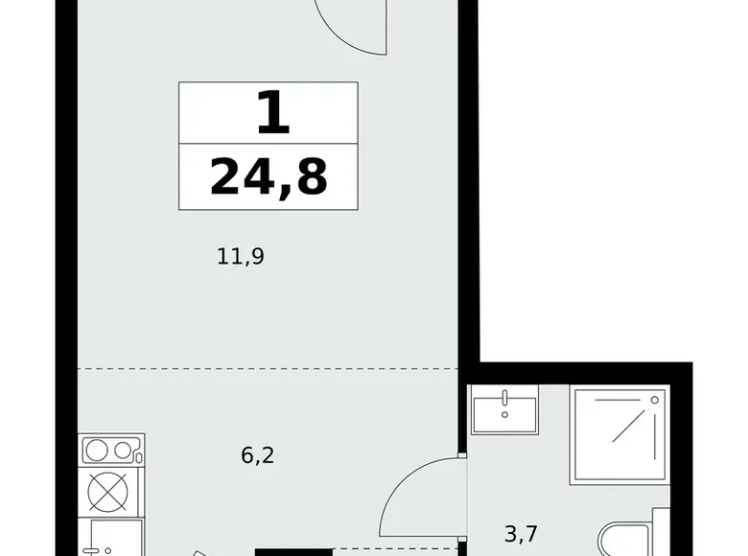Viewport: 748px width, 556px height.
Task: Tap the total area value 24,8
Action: click(269, 177)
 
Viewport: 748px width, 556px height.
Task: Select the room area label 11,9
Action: click(240, 256)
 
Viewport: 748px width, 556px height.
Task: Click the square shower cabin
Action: click(619, 434)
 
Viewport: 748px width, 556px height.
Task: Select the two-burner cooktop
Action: click(111, 450)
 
